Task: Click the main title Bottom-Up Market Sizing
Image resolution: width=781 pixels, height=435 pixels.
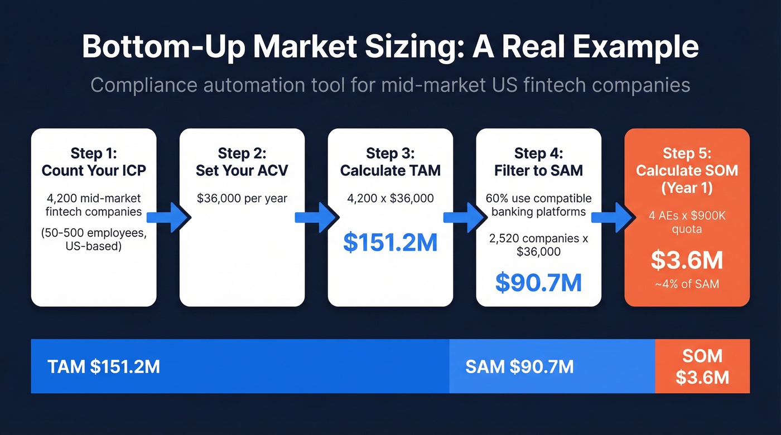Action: pos(390,47)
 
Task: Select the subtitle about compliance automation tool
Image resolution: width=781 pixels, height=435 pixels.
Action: pos(390,85)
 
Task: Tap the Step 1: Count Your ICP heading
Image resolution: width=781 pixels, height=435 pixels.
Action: pos(94,162)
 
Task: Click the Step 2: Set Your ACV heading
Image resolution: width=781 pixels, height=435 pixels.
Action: pos(242,162)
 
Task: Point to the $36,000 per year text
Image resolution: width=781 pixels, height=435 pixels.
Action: pos(242,198)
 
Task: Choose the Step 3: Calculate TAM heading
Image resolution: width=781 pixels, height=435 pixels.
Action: pos(390,162)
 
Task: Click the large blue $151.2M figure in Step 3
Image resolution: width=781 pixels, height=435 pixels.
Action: pos(390,242)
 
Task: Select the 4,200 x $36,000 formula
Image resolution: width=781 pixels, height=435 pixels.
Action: pos(390,198)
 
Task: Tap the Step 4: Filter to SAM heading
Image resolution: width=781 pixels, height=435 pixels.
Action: pos(538,162)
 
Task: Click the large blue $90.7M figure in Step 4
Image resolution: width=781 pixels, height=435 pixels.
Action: pos(538,282)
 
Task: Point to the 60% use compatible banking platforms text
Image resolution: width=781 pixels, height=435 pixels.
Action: pos(538,204)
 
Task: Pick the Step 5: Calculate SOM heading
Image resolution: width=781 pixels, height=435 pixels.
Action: pos(687,170)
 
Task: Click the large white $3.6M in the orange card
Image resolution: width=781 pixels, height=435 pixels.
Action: pos(687,260)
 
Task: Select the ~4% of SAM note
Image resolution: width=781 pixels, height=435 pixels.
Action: pos(687,284)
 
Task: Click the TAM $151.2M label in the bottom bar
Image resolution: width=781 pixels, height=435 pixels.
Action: pos(104,366)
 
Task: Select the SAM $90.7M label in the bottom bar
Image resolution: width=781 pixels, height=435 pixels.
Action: pos(519,366)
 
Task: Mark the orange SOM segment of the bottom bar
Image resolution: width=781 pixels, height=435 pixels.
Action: pos(702,366)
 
